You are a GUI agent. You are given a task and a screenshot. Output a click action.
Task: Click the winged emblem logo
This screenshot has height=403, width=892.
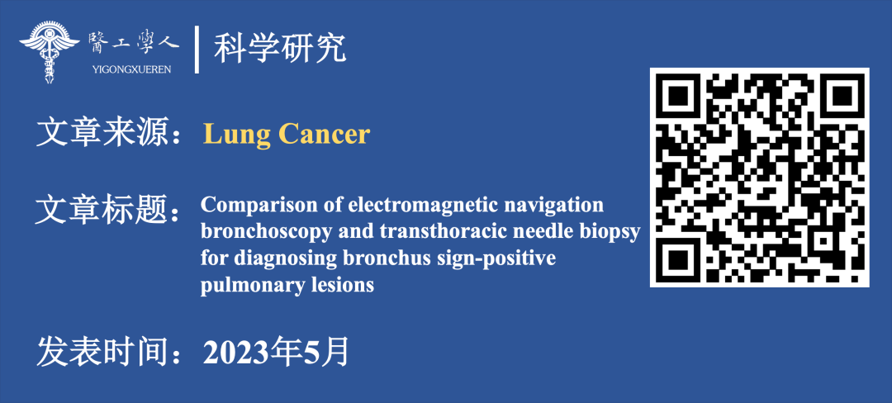click(x=50, y=52)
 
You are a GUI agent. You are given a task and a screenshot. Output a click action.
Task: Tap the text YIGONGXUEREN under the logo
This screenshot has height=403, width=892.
click(x=130, y=69)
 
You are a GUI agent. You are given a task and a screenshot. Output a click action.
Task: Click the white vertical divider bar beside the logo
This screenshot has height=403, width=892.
click(x=197, y=50)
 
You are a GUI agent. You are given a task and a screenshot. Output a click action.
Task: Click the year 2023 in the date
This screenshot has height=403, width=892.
click(x=230, y=353)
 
